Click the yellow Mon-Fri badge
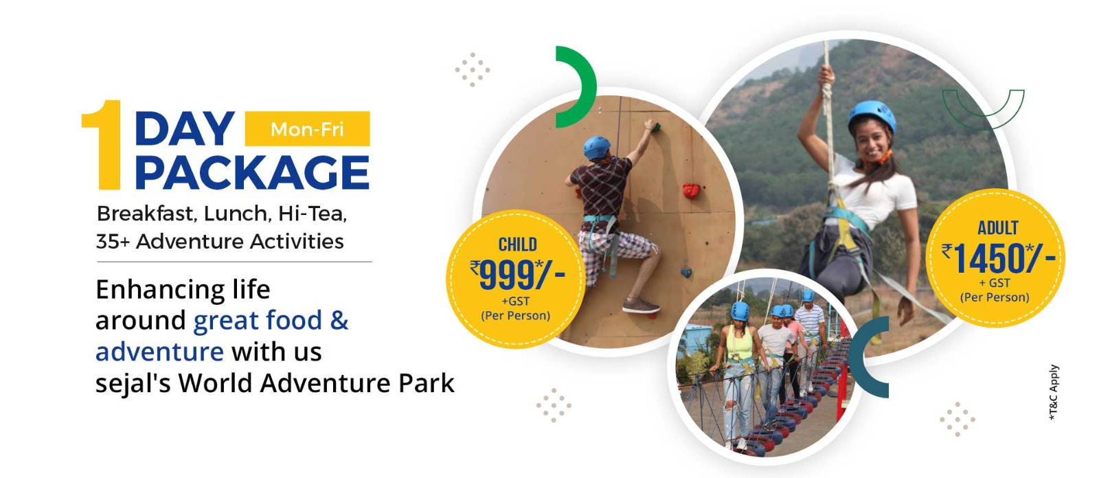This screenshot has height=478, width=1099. coord(307,128)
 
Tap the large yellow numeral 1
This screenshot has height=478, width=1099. coord(104,145)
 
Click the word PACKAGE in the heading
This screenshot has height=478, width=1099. coord(252,172)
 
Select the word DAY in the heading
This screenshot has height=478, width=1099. coord(185,128)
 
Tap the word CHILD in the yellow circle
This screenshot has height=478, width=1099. coord(518,244)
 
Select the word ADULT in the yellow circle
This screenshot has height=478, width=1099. coord(998,228)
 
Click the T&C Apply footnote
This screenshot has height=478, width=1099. coord(1054,392)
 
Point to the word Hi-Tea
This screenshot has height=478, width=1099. coord(313,214)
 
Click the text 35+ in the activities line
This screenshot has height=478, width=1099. coord(113,242)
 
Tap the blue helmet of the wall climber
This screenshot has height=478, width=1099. coord(597,147)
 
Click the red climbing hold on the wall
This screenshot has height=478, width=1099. coord(692,190)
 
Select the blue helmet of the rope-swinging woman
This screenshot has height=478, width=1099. coord(872,116)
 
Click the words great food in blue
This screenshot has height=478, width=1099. coord(258,321)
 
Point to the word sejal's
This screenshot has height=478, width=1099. coord(133,383)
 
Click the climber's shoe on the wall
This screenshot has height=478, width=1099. coord(641,307)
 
